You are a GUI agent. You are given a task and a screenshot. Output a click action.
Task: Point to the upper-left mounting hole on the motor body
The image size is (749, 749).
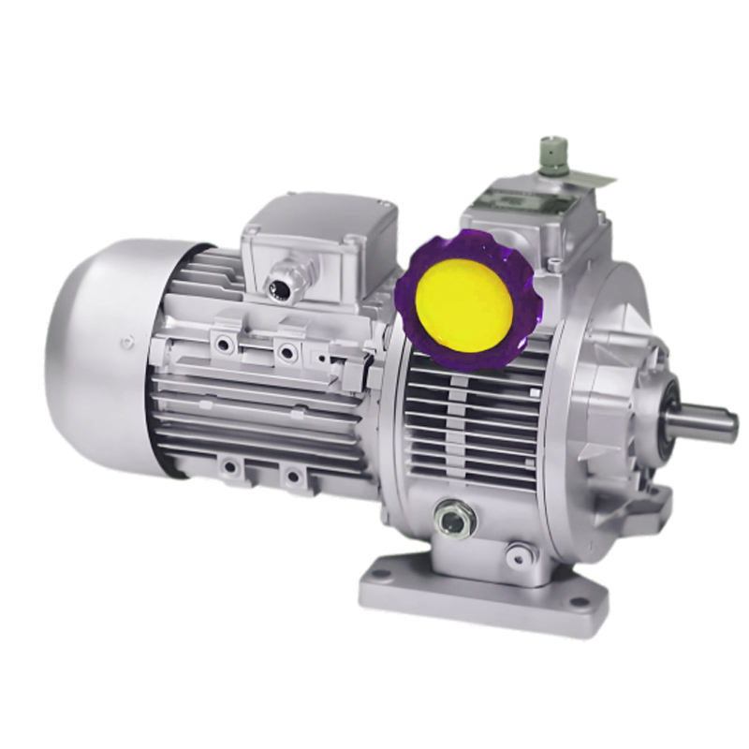tap(224, 344)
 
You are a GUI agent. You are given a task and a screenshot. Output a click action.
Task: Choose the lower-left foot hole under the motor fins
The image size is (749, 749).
tap(228, 464)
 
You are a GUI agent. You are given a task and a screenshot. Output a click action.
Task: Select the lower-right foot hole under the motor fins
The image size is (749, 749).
tap(293, 477)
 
